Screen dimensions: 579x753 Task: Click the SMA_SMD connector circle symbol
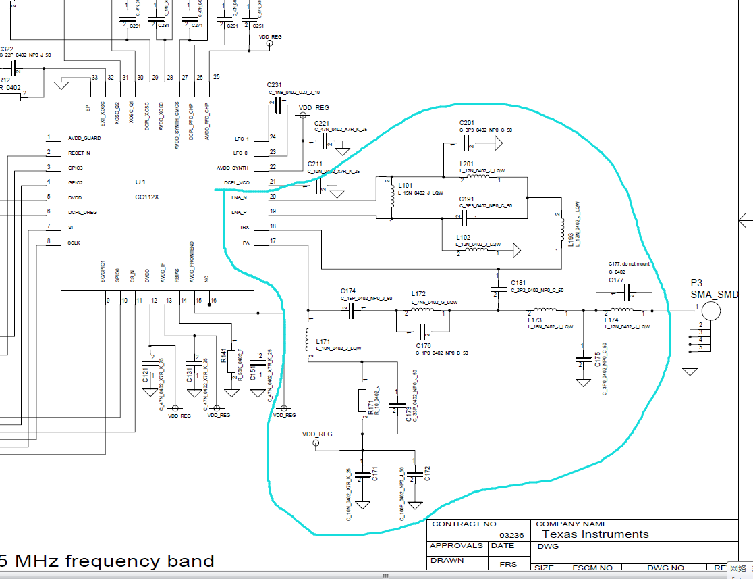click(x=710, y=311)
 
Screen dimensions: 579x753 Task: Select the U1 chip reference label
click(x=140, y=182)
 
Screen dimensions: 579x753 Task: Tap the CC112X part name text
click(x=146, y=197)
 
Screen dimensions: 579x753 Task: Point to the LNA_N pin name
click(x=240, y=198)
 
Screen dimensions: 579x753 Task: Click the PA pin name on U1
click(x=246, y=242)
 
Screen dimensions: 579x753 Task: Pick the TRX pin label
click(x=244, y=227)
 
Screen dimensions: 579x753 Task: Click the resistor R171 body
click(x=362, y=400)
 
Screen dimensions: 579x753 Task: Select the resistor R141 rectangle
click(x=231, y=361)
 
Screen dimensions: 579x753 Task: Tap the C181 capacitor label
click(x=518, y=282)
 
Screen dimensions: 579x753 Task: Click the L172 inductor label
click(x=418, y=294)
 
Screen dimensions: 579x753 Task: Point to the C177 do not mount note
click(x=629, y=264)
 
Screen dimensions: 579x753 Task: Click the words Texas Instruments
click(x=596, y=534)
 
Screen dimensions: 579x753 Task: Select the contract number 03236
click(x=508, y=534)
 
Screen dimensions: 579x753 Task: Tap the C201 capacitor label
click(x=467, y=122)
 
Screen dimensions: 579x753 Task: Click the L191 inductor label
click(x=405, y=186)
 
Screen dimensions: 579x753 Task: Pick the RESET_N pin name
click(x=79, y=153)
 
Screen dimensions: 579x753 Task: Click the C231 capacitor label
click(x=274, y=84)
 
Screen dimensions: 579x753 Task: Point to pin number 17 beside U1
click(x=273, y=241)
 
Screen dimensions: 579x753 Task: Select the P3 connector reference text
click(x=696, y=283)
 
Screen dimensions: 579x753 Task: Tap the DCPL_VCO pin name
click(x=236, y=183)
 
